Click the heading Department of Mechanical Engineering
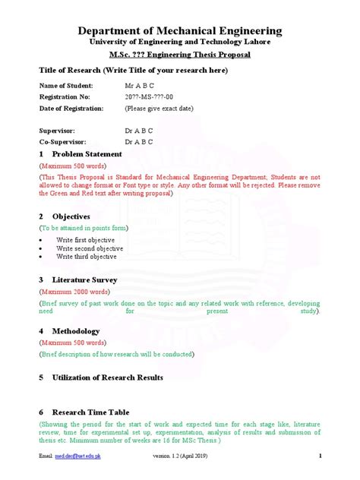180,30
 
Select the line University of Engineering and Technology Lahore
180,43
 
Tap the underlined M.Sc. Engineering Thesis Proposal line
180,55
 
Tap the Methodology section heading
75,332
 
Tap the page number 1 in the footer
321,456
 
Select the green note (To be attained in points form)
84,228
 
